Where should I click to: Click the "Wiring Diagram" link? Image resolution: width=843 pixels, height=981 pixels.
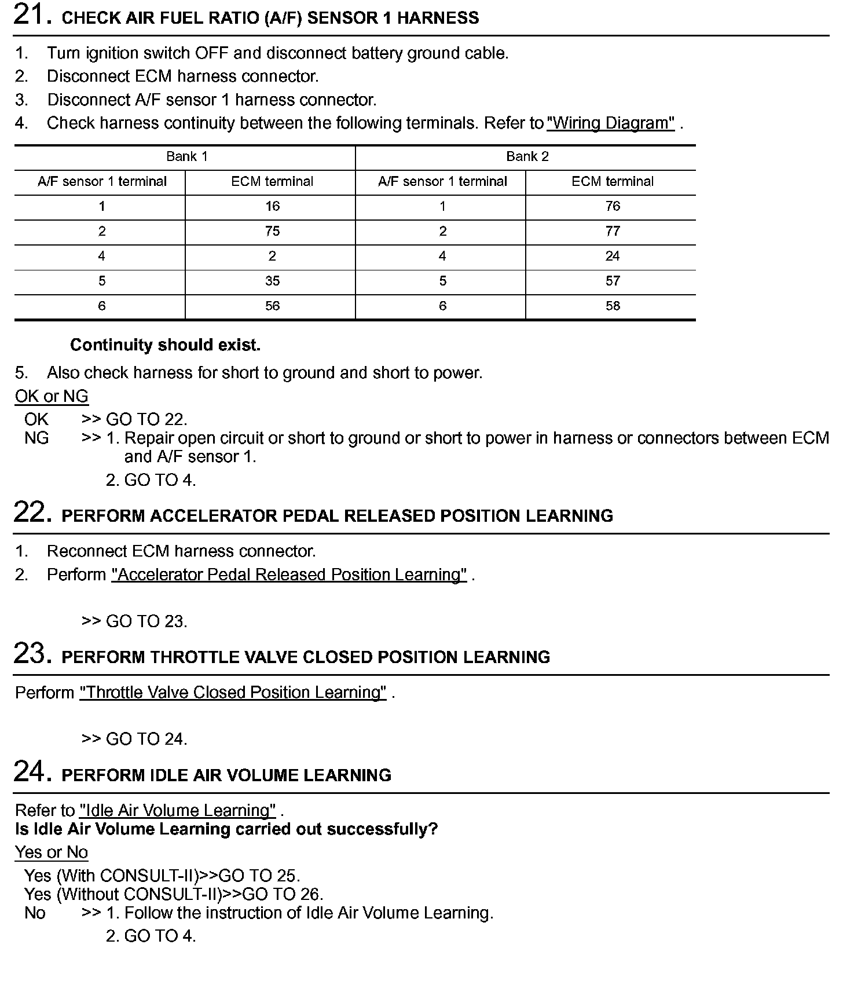[x=610, y=123]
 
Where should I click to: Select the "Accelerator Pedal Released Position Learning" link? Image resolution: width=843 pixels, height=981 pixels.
[x=289, y=574]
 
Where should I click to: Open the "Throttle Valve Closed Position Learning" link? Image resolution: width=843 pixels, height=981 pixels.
[x=233, y=693]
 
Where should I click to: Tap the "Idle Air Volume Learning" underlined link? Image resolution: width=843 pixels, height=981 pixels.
[x=177, y=810]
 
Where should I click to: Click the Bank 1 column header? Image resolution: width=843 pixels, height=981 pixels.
[x=186, y=156]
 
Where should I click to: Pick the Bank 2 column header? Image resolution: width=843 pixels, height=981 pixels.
[x=527, y=156]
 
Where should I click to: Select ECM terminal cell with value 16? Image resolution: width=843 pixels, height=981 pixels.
[x=272, y=206]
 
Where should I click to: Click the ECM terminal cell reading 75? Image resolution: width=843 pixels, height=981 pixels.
[x=272, y=231]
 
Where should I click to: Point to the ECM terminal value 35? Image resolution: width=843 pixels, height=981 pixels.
[x=272, y=281]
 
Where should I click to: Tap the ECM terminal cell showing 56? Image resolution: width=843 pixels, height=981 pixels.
[x=272, y=306]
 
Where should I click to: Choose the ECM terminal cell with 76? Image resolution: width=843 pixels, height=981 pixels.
[x=613, y=206]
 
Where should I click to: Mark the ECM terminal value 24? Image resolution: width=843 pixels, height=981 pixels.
[x=613, y=256]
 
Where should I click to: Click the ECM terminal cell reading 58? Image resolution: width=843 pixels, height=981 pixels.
[x=613, y=306]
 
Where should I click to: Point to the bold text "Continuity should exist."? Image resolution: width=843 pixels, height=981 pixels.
[x=165, y=345]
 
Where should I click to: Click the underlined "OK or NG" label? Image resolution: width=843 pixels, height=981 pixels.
[x=52, y=396]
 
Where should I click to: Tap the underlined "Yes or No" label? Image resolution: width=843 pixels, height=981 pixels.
[x=52, y=852]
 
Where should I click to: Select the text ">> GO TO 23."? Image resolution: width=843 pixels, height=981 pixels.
[x=134, y=621]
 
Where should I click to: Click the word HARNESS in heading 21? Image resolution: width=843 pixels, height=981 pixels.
[x=438, y=18]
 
